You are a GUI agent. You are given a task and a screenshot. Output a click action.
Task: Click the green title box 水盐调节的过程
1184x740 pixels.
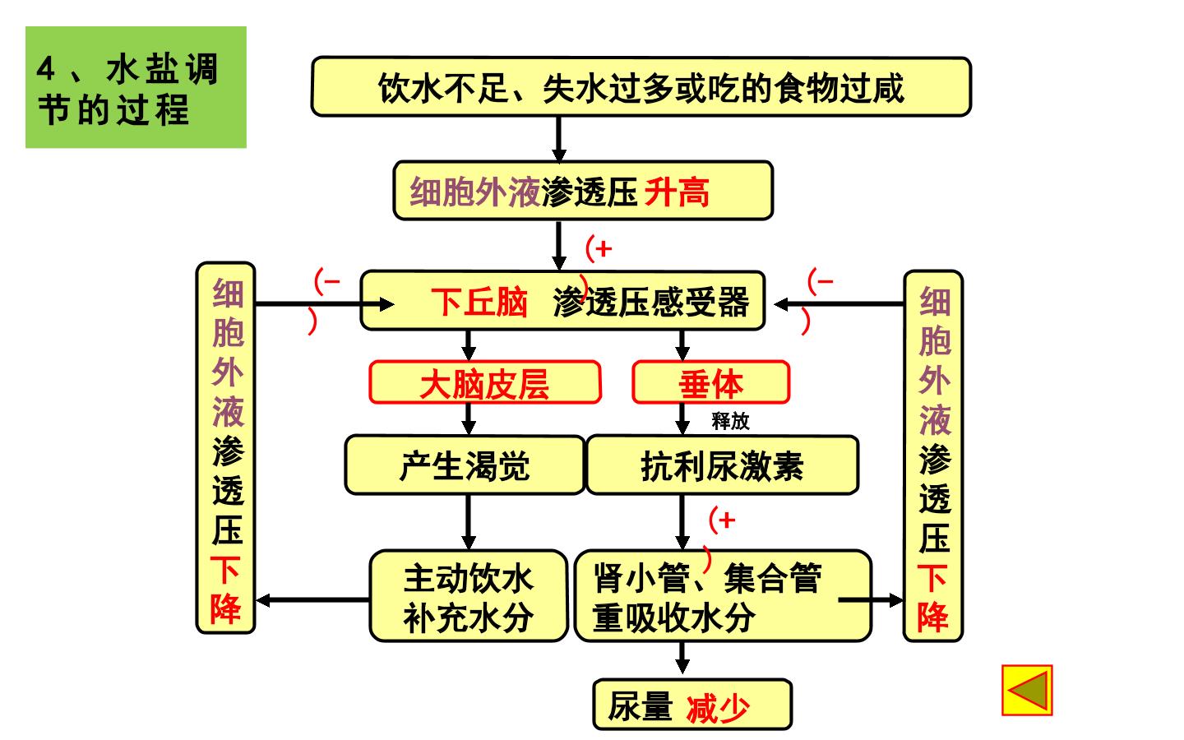136,87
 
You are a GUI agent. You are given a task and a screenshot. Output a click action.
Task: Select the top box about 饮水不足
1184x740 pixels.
641,86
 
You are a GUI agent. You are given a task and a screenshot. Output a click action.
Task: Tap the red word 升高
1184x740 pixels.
677,192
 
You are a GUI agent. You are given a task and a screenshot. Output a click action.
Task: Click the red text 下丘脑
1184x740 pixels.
479,303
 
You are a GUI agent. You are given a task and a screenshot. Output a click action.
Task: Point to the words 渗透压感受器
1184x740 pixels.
651,303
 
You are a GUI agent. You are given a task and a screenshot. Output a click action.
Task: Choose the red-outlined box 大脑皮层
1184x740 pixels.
485,382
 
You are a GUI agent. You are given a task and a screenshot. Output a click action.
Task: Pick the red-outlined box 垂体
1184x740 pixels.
711,382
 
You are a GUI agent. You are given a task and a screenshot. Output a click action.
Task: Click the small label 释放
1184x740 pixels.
730,421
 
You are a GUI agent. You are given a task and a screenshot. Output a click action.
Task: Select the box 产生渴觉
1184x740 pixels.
465,465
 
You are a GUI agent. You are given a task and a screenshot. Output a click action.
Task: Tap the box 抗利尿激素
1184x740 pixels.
722,465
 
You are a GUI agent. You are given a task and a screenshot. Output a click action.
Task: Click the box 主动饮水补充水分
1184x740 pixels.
469,596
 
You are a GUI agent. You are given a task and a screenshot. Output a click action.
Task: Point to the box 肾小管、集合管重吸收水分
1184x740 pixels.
723,596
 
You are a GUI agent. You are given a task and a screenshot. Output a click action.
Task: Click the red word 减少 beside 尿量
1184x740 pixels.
718,708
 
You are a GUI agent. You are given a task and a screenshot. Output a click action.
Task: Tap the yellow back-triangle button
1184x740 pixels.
1027,691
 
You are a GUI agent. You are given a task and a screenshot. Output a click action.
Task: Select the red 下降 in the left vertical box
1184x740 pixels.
225,590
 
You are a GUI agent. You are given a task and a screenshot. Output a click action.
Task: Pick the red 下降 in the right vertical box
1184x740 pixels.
933,598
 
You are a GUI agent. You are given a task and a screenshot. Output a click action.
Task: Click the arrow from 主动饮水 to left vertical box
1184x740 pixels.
313,600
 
